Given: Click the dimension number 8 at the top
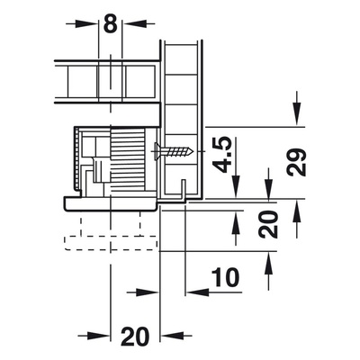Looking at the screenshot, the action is coord(111,23).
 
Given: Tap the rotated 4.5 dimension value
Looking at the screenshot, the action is coord(224,155).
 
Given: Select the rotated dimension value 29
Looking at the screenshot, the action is coord(296,162).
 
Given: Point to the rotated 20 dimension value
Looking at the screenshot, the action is coord(269,224).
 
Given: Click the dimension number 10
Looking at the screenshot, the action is coord(225,277).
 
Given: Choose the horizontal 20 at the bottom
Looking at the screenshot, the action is coord(135,337).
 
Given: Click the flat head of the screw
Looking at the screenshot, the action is coord(156,151).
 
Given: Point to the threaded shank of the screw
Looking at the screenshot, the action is coord(177,151).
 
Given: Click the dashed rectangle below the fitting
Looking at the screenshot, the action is coord(111,243).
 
